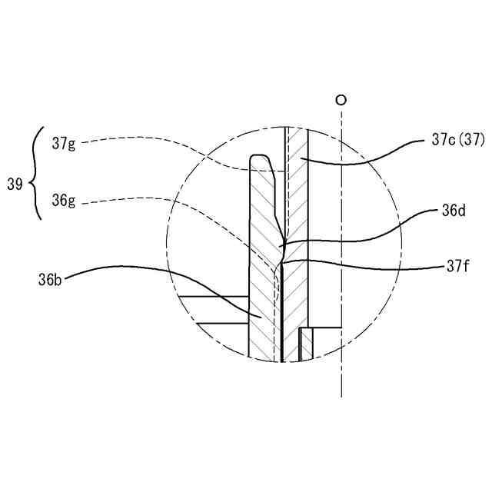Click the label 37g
pos(64,144)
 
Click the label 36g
pos(64,201)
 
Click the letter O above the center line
pos(341,100)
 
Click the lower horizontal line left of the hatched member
pos(223,323)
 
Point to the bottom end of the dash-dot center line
pos(341,397)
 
